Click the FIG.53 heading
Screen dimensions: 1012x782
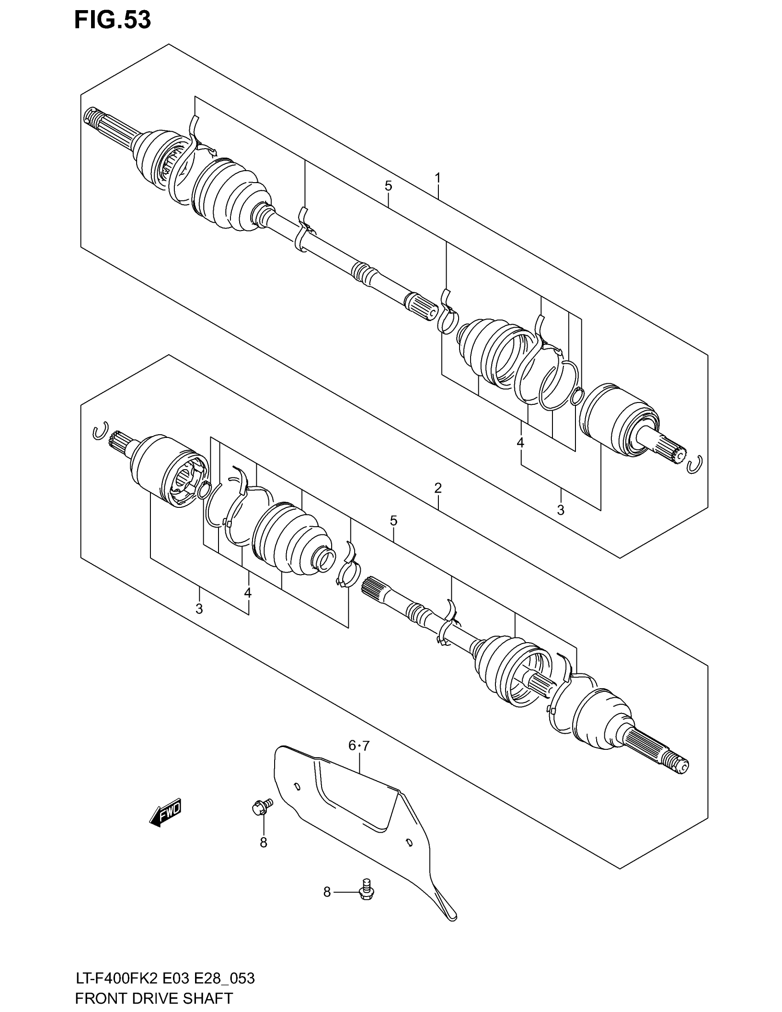pyautogui.click(x=113, y=20)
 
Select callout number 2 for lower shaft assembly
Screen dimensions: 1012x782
pyautogui.click(x=437, y=488)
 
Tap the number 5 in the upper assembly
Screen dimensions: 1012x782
pyautogui.click(x=388, y=186)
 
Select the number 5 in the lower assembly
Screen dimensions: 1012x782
pyautogui.click(x=393, y=520)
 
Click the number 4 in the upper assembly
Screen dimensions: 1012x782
pyautogui.click(x=520, y=443)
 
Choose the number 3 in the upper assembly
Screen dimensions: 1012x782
pyautogui.click(x=561, y=510)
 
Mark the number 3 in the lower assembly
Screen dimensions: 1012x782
pyautogui.click(x=199, y=609)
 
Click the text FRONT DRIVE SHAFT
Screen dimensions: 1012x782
pyautogui.click(x=154, y=998)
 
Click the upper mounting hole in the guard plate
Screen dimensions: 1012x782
pyautogui.click(x=297, y=786)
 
